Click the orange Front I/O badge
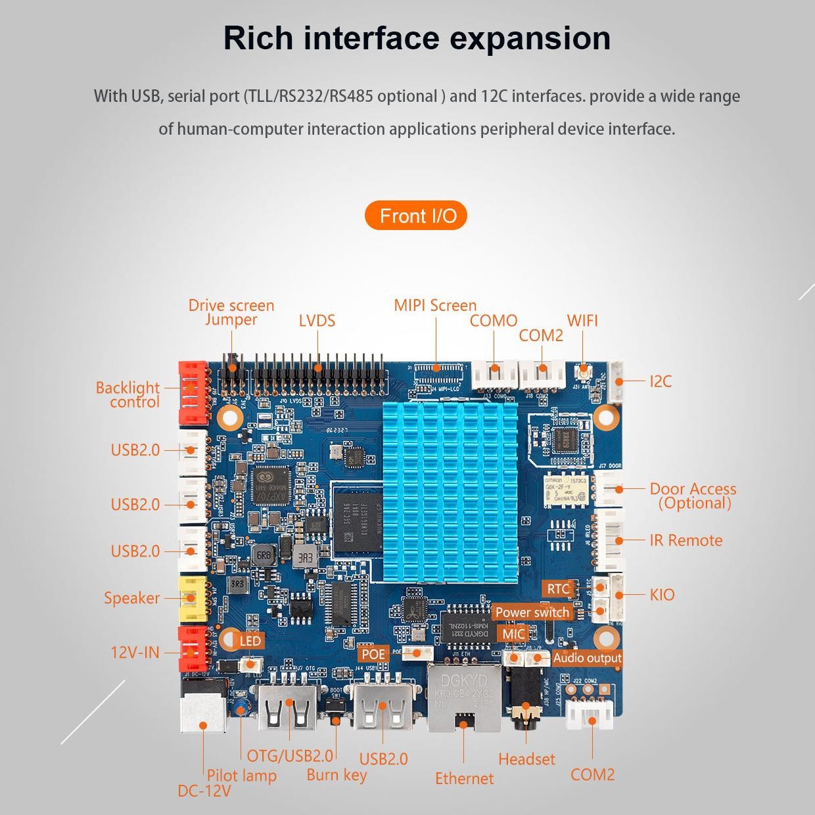tap(416, 216)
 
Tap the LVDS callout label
tap(317, 321)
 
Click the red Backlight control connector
tap(191, 392)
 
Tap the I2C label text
tap(660, 381)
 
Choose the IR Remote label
tap(686, 540)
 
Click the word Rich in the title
tap(258, 37)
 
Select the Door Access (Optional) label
tap(693, 496)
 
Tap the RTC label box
tap(558, 589)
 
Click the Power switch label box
tap(532, 613)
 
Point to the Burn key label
tap(337, 775)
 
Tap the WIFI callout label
tap(582, 320)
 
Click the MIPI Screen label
tap(435, 305)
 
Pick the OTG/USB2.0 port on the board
tap(287, 707)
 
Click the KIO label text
tap(662, 595)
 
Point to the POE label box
tap(373, 654)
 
